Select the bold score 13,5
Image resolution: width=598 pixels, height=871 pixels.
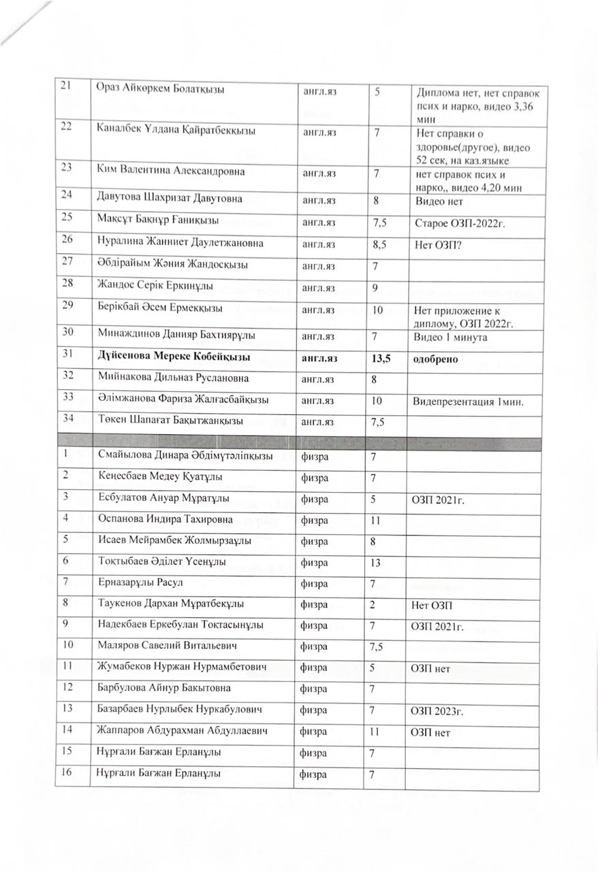[381, 358]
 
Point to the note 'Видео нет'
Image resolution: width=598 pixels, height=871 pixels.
[438, 201]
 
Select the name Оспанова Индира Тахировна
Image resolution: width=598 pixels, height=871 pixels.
[166, 520]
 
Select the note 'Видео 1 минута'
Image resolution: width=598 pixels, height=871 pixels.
[450, 336]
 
